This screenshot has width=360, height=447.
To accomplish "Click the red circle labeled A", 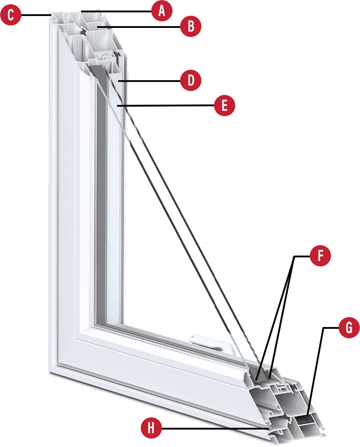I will [161, 11].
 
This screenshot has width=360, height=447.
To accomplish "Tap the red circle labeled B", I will [191, 27].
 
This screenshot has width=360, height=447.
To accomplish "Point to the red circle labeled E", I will [224, 106].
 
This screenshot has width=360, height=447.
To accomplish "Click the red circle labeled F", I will [321, 256].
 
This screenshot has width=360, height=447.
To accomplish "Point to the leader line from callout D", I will [151, 81].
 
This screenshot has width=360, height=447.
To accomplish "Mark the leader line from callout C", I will [34, 15].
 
